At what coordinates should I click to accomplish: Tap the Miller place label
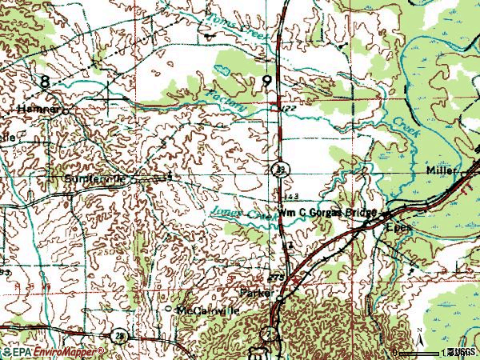pos(442,171)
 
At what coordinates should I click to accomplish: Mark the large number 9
pos(266,81)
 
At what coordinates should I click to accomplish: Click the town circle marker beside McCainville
pos(168,308)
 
